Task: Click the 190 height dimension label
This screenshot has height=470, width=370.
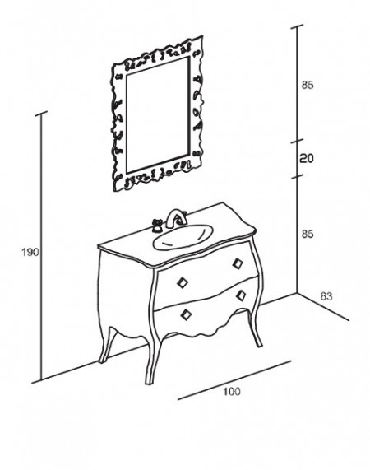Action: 30,253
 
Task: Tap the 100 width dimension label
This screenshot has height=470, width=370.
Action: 232,392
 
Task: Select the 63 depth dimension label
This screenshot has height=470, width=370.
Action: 326,296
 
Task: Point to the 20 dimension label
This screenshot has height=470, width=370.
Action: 307,158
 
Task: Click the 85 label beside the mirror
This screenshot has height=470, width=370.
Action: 308,85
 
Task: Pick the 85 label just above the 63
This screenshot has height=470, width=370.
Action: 308,234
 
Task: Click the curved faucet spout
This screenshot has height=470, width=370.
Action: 177,218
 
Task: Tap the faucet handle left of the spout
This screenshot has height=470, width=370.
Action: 156,225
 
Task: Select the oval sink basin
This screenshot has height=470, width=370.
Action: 183,237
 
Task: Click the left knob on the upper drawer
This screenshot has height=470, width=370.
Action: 183,282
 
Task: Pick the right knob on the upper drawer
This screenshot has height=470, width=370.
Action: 238,263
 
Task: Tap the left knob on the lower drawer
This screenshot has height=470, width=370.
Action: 186,314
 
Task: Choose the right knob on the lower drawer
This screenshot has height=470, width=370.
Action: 241,295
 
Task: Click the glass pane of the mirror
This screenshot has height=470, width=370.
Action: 158,114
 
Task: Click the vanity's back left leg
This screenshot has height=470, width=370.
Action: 106,345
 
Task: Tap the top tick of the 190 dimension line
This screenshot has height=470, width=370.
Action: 41,114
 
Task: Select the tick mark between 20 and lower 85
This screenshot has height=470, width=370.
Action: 298,176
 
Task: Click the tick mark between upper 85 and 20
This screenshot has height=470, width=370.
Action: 298,141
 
